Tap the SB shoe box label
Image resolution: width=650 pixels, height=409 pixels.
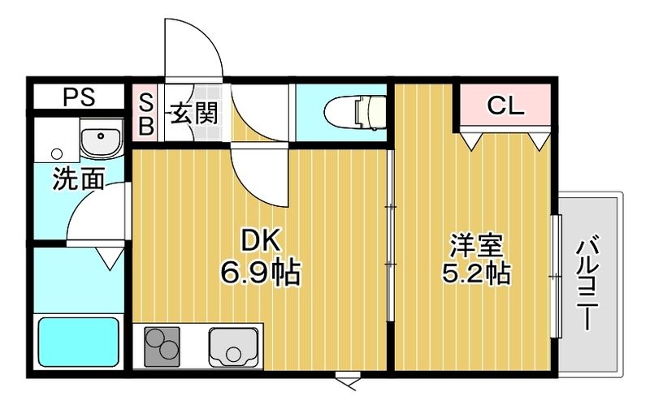coord(145,114)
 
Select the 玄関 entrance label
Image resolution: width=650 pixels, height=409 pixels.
coord(193,114)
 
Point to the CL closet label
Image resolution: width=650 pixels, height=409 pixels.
coord(505,105)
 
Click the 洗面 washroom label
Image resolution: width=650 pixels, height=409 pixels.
coord(78,179)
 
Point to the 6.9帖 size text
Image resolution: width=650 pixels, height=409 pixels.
coord(259,273)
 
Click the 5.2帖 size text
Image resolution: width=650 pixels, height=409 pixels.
coord(476,273)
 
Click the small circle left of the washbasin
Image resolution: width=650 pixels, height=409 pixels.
coord(56,152)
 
